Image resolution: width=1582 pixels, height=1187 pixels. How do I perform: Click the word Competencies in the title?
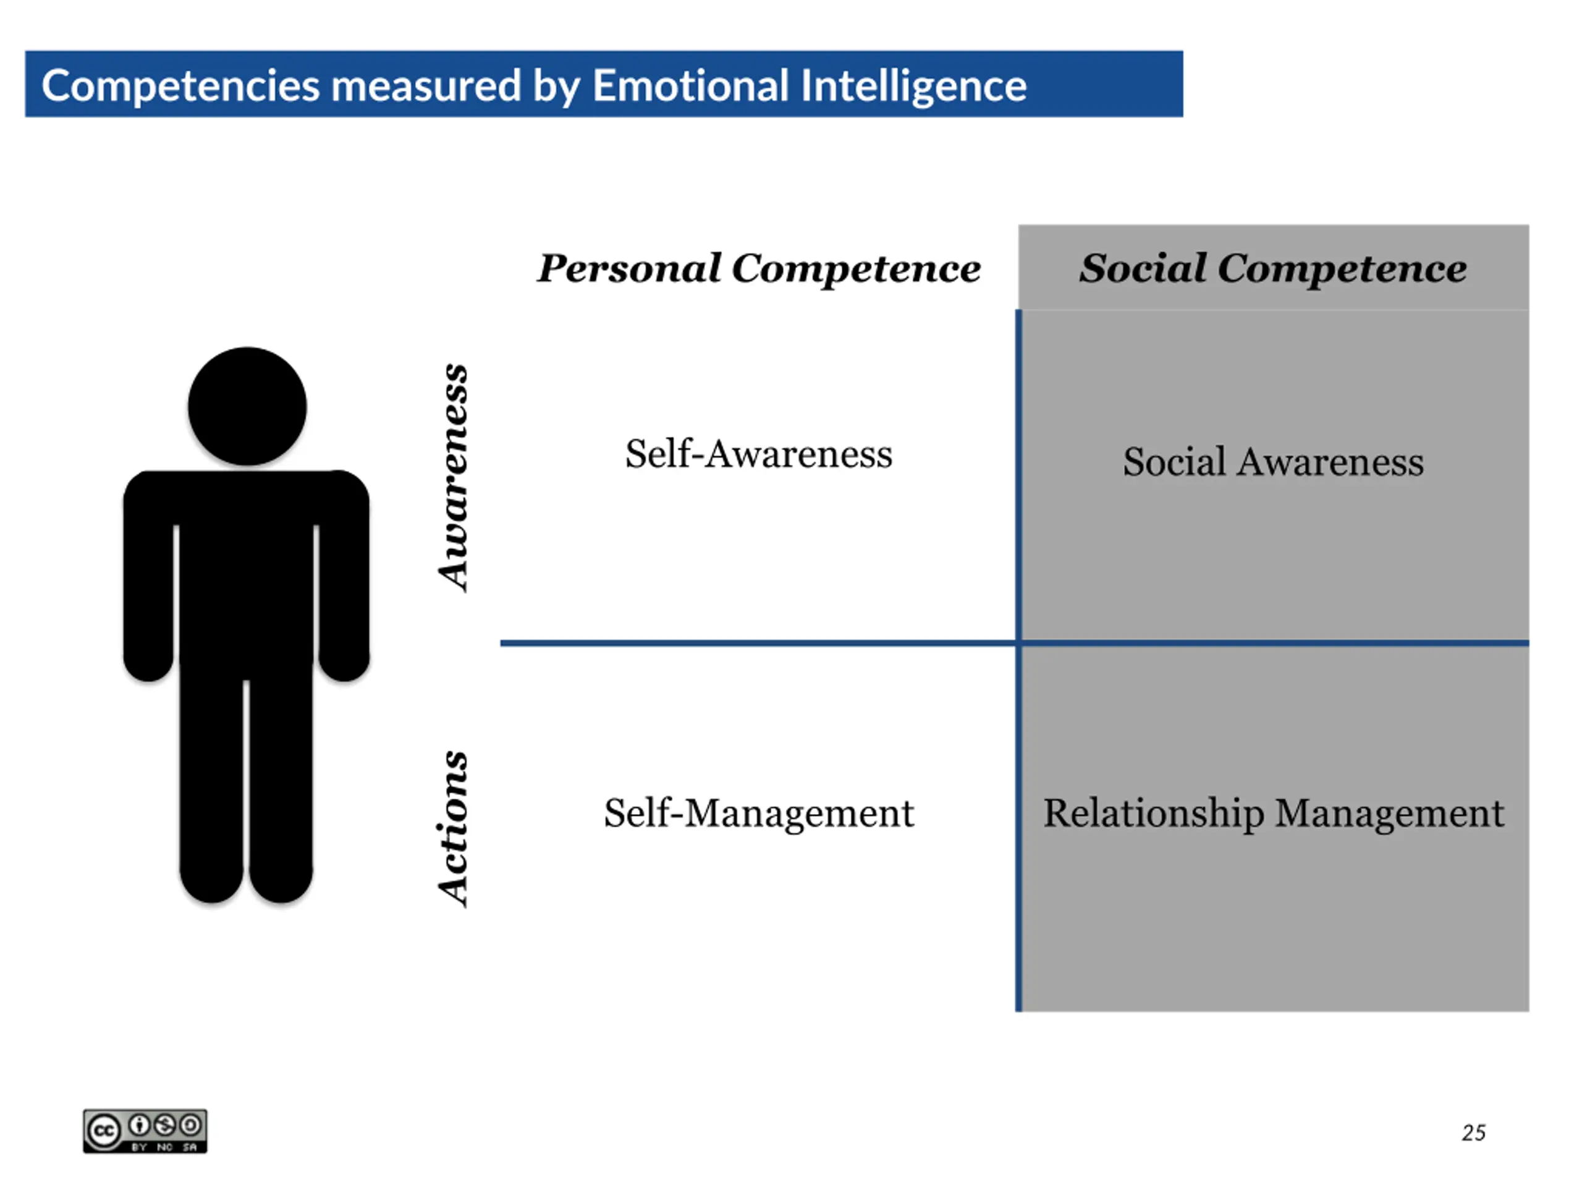click(180, 86)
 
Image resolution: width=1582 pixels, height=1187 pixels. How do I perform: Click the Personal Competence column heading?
click(759, 268)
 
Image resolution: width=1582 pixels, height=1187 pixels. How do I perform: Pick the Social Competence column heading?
click(1273, 268)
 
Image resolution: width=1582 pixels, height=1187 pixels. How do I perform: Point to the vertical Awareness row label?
click(454, 478)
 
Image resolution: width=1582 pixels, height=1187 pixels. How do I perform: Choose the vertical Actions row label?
click(454, 828)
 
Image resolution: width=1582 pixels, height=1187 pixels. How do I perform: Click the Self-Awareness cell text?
click(759, 454)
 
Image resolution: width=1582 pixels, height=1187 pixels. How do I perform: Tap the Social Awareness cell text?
click(1273, 461)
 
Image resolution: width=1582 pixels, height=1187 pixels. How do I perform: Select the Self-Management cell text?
click(759, 813)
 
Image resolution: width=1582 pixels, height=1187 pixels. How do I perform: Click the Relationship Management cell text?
click(1273, 813)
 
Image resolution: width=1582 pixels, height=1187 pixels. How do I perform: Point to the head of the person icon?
click(247, 406)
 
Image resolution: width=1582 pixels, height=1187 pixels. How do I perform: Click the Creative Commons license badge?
click(145, 1131)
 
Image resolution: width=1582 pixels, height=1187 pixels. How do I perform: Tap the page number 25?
click(1473, 1133)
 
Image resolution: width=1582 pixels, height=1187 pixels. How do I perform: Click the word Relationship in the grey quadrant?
click(1153, 814)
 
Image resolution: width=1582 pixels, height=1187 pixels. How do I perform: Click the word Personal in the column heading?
click(629, 268)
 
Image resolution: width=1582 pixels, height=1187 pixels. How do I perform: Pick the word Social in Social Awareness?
click(1174, 461)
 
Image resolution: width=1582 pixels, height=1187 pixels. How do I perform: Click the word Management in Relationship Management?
click(1390, 814)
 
